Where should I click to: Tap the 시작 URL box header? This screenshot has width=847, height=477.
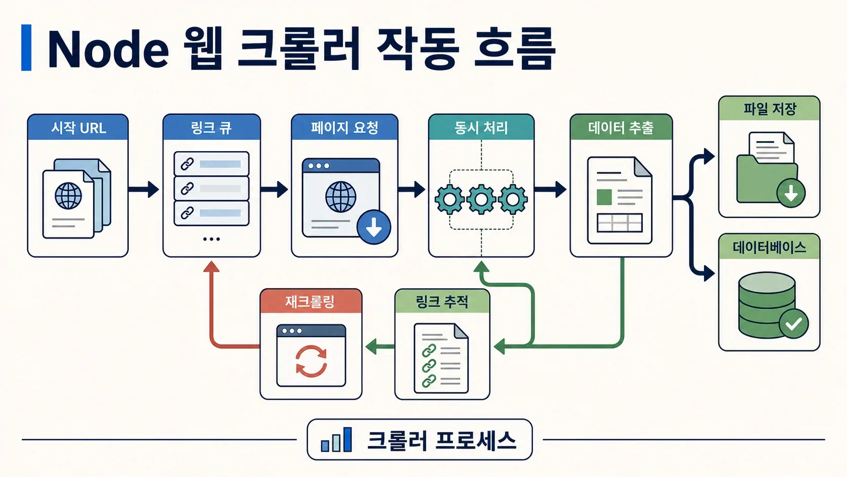(78, 127)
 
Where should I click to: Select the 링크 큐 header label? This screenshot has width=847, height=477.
(211, 127)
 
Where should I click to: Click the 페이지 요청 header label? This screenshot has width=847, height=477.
(344, 127)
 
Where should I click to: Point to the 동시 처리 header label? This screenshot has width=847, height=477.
(481, 127)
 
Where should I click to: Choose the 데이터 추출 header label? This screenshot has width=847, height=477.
(621, 127)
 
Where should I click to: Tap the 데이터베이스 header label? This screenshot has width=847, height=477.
(769, 247)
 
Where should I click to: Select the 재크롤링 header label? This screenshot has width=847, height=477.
(310, 302)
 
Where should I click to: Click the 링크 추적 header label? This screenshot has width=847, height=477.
(442, 302)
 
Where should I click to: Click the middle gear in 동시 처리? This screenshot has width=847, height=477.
(481, 199)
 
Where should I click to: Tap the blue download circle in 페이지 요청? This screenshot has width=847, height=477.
(373, 227)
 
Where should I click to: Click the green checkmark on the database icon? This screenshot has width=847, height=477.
(794, 324)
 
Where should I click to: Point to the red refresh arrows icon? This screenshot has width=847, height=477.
(311, 361)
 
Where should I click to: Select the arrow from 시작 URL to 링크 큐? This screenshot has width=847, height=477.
(144, 189)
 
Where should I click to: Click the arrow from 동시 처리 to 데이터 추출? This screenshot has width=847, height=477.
(550, 189)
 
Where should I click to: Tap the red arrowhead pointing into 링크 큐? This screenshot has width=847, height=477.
(211, 266)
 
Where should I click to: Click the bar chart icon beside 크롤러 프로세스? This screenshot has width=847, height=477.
(336, 439)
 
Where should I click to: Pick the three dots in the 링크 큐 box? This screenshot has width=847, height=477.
(211, 239)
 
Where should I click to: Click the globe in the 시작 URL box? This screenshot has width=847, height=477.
(68, 196)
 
